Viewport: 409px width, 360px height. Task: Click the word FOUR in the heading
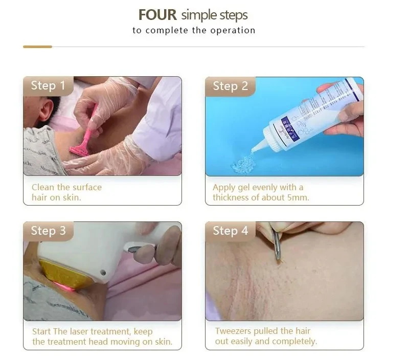click(x=157, y=15)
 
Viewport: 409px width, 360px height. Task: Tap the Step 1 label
click(x=48, y=85)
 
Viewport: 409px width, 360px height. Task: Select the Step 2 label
click(x=231, y=86)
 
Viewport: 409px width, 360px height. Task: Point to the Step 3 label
click(x=48, y=231)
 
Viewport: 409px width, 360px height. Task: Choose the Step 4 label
click(x=231, y=231)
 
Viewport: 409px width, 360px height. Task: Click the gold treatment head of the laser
click(x=65, y=273)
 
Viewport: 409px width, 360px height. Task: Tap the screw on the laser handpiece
click(x=103, y=273)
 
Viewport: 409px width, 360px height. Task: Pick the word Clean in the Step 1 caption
click(x=43, y=187)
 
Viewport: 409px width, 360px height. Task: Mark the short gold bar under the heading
click(x=37, y=47)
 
